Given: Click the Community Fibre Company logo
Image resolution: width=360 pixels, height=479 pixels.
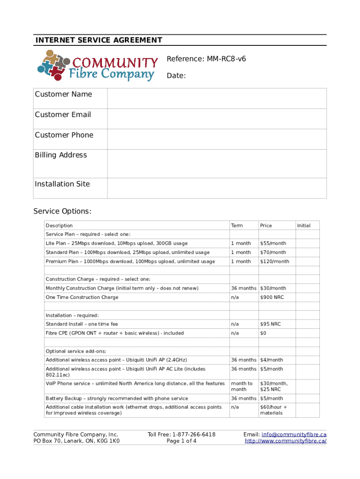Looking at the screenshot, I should pos(97,66).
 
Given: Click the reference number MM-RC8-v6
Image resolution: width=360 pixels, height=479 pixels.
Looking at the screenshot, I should pos(206,59).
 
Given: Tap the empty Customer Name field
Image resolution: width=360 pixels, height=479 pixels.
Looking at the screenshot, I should pos(216,98).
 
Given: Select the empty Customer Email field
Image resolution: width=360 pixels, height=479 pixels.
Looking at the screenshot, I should pos(216,119).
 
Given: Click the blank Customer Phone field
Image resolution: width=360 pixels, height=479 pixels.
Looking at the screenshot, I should pos(216,139).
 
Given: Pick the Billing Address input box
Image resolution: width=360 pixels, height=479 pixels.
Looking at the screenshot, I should pos(216,163).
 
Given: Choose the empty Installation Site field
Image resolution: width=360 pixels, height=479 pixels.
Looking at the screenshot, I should pos(216,188).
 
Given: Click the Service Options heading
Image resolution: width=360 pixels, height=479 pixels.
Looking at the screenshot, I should pos(62,211).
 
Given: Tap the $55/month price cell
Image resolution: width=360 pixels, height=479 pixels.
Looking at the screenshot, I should pos(273,243).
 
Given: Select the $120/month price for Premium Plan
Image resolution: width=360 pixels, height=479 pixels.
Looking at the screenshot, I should pos(274,261).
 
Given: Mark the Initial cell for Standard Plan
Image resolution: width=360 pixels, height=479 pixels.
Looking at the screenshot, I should pos(307,253).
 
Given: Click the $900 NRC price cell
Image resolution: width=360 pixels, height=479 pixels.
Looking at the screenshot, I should pos(272,298).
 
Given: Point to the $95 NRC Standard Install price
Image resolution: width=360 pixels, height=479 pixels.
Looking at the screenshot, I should pos(270,324).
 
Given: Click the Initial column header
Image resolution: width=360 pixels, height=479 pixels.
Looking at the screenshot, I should pos(303,225).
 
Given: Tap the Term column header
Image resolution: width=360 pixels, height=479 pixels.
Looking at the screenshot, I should pos(237,225).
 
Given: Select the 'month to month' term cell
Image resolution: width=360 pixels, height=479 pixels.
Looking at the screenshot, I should pos(242,386).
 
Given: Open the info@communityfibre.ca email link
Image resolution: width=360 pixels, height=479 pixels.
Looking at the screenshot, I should pos(294,435).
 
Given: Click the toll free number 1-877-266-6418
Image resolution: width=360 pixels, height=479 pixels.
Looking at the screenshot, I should pos(194,435).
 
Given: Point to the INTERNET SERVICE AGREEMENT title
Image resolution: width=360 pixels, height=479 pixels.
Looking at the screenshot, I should pos(99,40).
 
